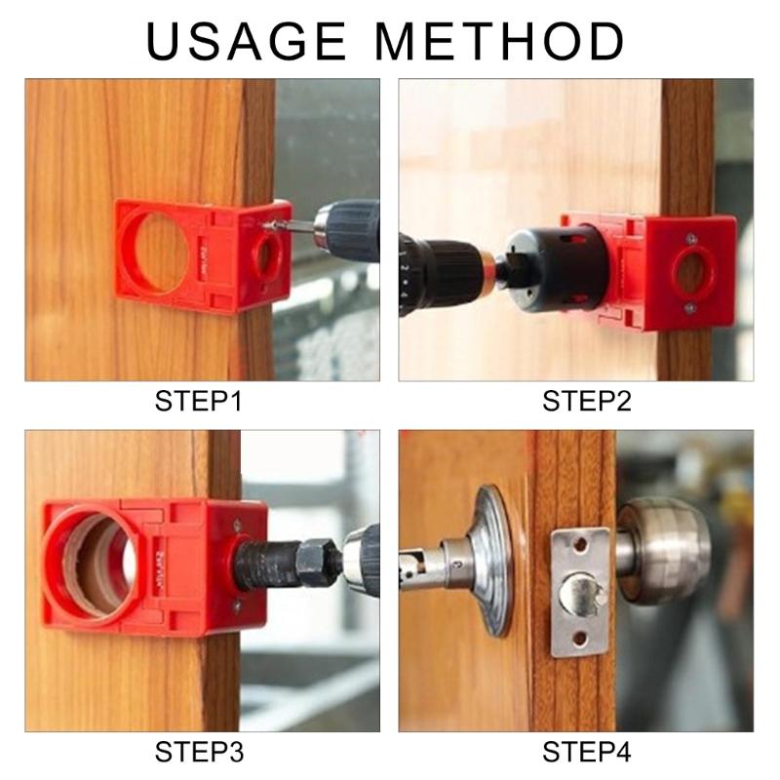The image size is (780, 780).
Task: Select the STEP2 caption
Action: click(587, 401)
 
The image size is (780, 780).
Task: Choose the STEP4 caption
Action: click(587, 753)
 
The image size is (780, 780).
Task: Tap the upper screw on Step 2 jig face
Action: click(690, 237)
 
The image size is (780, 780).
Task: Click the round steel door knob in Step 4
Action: click(663, 551)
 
